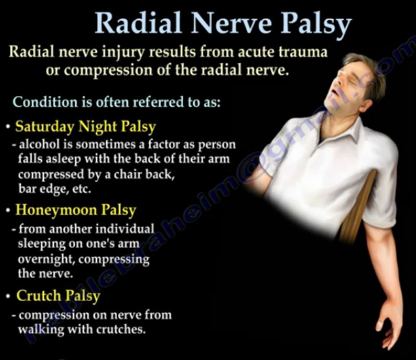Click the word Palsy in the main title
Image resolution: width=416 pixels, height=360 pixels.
[316, 24]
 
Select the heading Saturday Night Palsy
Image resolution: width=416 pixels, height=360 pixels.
[85, 127]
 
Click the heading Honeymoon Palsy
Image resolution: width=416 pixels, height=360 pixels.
[76, 211]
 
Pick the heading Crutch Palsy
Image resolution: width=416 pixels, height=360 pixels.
[58, 296]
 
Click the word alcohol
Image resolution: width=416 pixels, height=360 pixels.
[39, 145]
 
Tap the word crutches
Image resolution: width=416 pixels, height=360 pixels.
[121, 329]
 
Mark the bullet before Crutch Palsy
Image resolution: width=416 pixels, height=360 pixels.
[9, 297]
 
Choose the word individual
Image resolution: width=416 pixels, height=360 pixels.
[124, 229]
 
